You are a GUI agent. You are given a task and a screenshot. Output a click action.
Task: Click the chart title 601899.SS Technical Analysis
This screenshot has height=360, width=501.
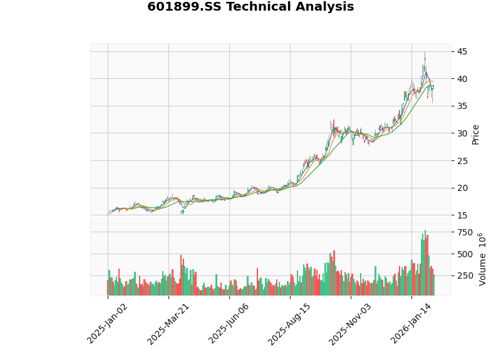250,8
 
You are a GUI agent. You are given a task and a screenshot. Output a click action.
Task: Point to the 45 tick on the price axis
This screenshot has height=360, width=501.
461,51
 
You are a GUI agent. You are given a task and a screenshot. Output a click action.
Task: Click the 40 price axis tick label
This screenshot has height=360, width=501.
461,79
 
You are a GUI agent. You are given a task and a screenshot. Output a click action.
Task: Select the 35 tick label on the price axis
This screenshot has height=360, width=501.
461,106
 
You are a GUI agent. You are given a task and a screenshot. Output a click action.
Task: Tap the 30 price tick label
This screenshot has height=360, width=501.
461,133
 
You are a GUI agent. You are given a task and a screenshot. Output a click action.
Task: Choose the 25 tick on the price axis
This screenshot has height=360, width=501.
461,161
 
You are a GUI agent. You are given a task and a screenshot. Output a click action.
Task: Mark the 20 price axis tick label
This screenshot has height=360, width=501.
461,188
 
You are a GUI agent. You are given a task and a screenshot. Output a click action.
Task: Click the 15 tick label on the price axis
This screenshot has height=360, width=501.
461,215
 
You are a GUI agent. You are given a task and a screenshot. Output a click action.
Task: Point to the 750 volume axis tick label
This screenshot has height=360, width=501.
465,232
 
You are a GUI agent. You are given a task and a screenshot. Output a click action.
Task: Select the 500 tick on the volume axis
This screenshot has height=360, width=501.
465,254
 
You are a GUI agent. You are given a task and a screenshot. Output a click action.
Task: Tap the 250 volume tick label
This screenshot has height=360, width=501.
465,276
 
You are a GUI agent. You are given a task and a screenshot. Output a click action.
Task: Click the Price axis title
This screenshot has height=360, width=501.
476,134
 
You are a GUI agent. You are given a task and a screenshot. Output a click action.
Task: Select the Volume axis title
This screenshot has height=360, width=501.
483,259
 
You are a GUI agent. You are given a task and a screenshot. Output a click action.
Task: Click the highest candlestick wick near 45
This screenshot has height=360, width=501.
425,54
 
